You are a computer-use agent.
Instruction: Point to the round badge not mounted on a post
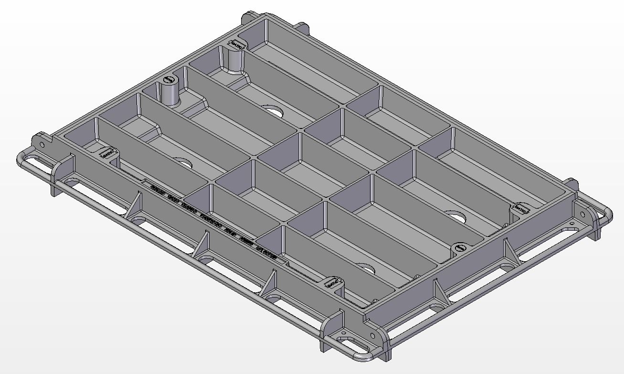point(460,248)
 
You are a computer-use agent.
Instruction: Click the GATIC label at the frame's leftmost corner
point(107,153)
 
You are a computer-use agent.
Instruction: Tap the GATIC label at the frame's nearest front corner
point(333,283)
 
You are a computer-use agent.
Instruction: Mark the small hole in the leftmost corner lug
point(42,144)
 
